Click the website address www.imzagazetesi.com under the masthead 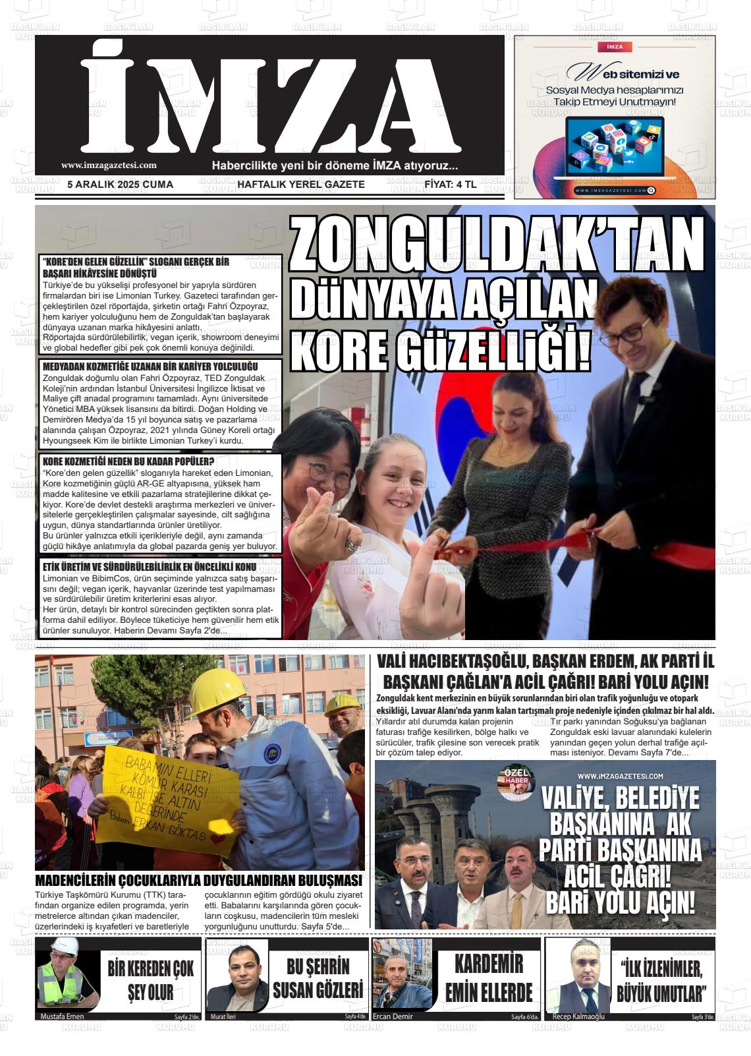click(109, 166)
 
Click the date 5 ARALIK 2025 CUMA click(121, 185)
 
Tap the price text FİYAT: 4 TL click(451, 185)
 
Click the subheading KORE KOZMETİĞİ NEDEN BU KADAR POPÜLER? click(128, 461)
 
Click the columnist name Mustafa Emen click(62, 1016)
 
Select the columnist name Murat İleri click(223, 1016)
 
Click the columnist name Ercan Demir click(393, 1016)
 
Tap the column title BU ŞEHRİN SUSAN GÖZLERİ click(318, 978)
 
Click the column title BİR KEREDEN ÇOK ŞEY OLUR click(151, 980)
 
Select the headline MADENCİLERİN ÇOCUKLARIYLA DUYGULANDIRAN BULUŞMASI click(198, 881)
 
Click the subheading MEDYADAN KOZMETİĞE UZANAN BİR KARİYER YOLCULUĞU click(150, 367)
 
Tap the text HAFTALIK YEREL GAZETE click(300, 185)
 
